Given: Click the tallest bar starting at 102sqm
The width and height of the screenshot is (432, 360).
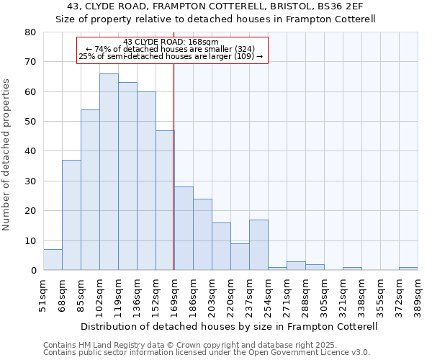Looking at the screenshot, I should [x=109, y=172].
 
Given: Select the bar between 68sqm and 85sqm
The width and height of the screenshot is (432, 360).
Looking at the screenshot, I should [x=71, y=215].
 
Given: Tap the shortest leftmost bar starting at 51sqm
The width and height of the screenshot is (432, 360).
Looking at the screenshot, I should [x=53, y=260].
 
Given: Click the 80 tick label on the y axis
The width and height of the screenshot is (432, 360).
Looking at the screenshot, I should [x=30, y=32].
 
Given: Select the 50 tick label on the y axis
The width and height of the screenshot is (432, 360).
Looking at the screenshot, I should [x=30, y=122].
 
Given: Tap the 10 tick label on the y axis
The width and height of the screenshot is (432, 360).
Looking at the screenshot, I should [x=30, y=241].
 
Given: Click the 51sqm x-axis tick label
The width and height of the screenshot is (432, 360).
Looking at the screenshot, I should [x=43, y=294].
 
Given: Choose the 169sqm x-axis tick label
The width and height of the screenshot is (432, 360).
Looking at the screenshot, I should [x=174, y=294].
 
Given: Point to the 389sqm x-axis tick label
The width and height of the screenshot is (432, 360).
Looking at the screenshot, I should [x=418, y=294].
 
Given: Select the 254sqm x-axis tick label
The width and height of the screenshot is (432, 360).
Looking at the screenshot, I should [x=268, y=294].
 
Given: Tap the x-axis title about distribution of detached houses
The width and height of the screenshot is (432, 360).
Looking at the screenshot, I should [x=230, y=326].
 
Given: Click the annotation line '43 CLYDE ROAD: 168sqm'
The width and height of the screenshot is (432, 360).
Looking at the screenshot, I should [x=171, y=42].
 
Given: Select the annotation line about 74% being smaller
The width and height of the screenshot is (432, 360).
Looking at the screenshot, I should [x=171, y=49].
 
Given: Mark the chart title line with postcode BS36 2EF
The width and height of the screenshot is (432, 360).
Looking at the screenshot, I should [x=215, y=6].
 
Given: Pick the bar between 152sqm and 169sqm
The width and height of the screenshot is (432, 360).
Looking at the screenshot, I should [x=165, y=200].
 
